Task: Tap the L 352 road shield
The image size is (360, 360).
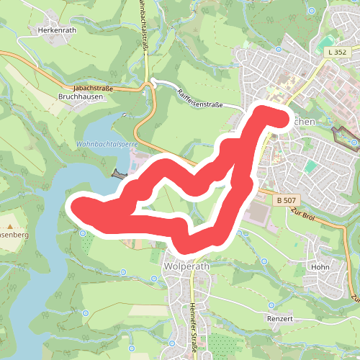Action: tap(336, 53)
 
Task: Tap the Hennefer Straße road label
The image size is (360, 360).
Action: tap(194, 328)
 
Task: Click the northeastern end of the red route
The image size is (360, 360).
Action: tap(274, 114)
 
